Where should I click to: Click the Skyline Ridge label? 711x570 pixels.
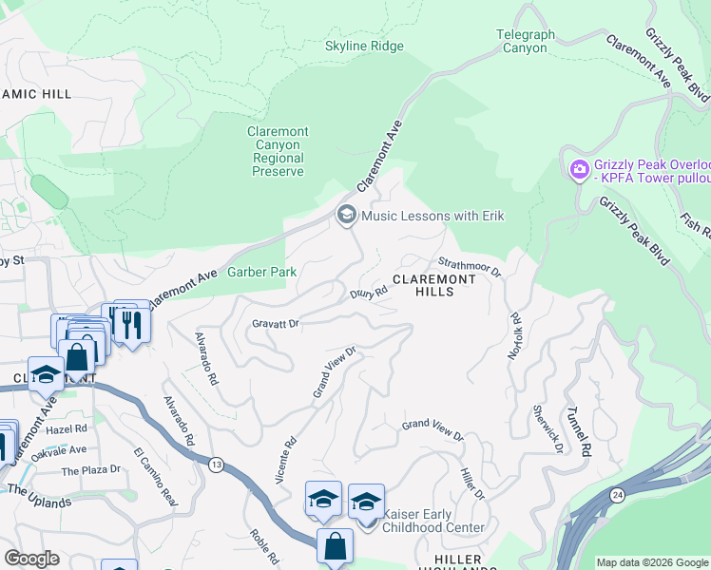pyautogui.click(x=364, y=47)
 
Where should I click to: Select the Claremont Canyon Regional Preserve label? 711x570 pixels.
pyautogui.click(x=278, y=152)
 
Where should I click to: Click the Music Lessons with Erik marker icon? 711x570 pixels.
pyautogui.click(x=346, y=216)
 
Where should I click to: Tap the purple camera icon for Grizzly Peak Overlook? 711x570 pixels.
pyautogui.click(x=579, y=169)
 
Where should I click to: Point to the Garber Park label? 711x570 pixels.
pyautogui.click(x=261, y=273)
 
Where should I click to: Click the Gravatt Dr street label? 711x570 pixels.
pyautogui.click(x=276, y=324)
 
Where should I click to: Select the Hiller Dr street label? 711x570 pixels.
pyautogui.click(x=471, y=484)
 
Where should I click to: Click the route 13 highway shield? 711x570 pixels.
pyautogui.click(x=217, y=463)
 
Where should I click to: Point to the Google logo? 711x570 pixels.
pyautogui.click(x=32, y=559)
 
